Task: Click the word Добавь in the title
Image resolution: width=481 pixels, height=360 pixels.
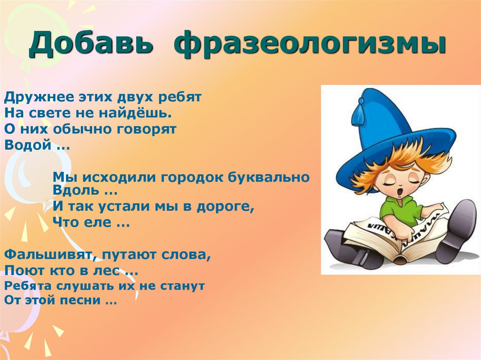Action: pos(91,44)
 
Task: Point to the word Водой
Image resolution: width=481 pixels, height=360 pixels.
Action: pos(28,145)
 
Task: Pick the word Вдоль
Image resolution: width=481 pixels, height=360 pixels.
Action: pos(76,190)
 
